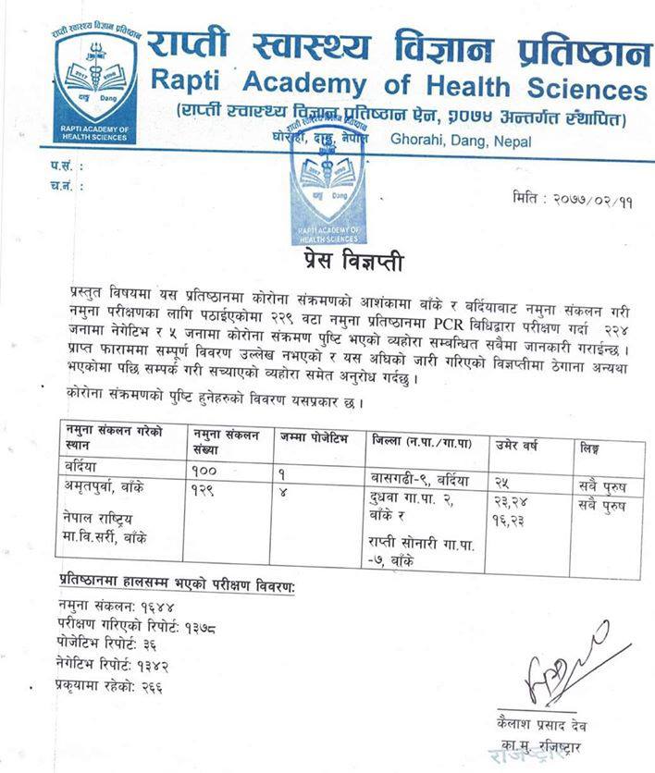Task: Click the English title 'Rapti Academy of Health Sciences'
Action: (x=398, y=89)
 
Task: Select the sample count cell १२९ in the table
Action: (x=210, y=487)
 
